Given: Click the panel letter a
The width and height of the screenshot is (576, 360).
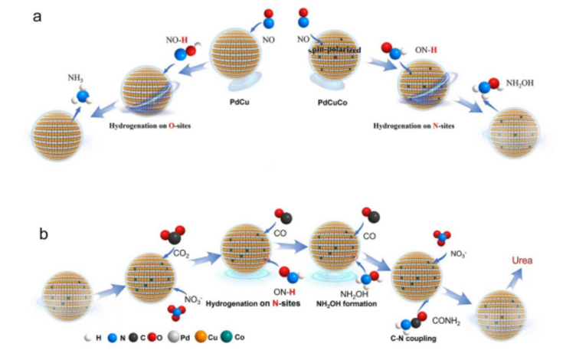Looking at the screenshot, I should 35,17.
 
